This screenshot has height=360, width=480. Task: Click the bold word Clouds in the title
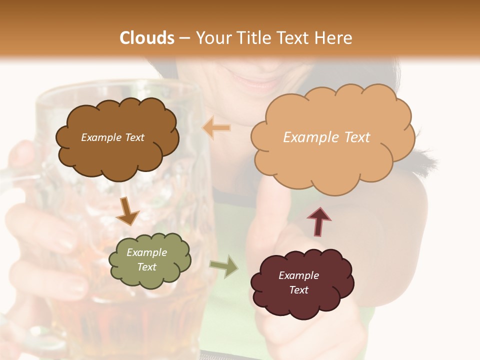pos(147,38)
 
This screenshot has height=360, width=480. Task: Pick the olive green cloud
pos(150,280)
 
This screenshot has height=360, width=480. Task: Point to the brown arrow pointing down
pos(127,211)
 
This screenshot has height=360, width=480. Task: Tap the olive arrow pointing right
pos(224,267)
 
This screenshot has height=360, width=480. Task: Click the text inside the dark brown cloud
pos(112,137)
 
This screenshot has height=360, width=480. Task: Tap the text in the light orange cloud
pos(326,137)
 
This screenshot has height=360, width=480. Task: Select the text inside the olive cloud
pos(147,259)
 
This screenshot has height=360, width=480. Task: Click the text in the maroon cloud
pos(299,282)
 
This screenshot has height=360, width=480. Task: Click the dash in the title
pos(184,38)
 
